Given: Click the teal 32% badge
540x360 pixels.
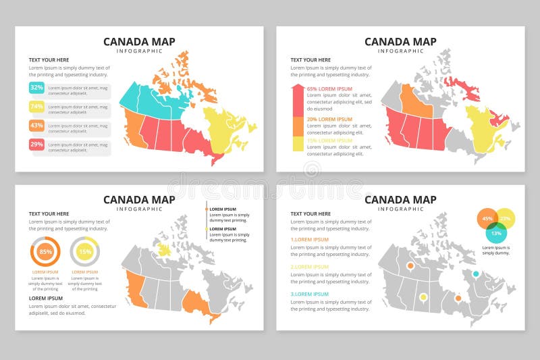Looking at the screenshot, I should click(x=36, y=88).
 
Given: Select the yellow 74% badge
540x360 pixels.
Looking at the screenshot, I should click(x=36, y=107).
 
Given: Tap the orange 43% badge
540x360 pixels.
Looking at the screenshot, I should click(x=36, y=126).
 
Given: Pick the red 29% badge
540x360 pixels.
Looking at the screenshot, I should click(x=36, y=145).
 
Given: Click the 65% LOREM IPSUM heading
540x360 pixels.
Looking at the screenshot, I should click(x=329, y=89).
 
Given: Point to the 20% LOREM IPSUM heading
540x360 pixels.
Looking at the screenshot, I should click(x=329, y=120).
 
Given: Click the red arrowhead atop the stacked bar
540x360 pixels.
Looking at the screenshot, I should click(x=297, y=89).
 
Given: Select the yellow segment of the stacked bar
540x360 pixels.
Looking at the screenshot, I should click(x=297, y=143).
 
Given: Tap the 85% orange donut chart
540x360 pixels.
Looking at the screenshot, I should click(x=45, y=252).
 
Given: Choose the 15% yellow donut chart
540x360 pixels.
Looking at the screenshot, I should click(x=85, y=252).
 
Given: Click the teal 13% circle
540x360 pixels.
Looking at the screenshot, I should click(x=496, y=233).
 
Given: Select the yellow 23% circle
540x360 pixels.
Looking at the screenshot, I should click(x=505, y=219).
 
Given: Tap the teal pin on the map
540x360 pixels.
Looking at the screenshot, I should click(x=475, y=274).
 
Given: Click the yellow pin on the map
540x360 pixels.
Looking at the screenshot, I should click(x=423, y=297).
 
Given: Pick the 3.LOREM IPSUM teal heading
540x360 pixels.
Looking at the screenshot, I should click(x=310, y=294).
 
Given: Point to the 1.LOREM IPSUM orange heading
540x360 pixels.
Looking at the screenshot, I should click(x=310, y=240).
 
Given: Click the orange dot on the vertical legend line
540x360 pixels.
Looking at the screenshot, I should click(x=207, y=209).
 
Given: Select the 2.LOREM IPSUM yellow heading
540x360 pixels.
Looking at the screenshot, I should click(x=310, y=267).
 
